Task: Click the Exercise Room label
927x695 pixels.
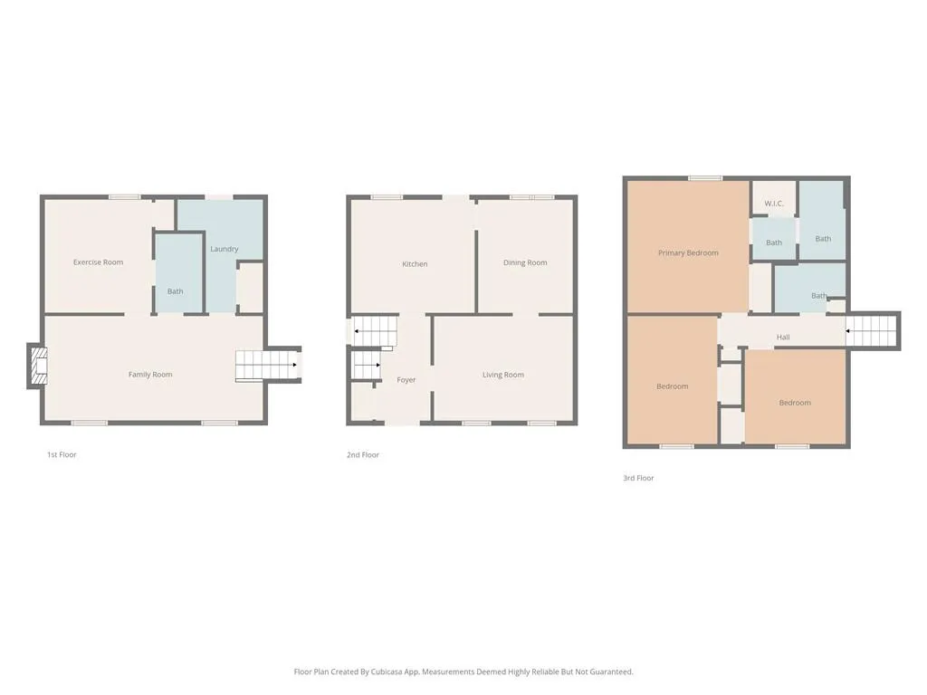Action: [x=98, y=262]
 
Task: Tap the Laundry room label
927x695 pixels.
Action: [x=224, y=249]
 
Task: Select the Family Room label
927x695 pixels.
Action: [x=150, y=375]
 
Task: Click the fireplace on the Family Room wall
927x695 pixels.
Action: [x=36, y=367]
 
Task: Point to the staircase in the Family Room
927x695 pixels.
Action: [x=266, y=366]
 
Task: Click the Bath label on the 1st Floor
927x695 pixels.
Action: [x=175, y=291]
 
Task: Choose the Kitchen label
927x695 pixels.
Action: [x=415, y=264]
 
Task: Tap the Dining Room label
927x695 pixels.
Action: [x=525, y=263]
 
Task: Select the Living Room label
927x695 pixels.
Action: [x=502, y=375]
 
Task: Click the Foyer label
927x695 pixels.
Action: [x=406, y=380]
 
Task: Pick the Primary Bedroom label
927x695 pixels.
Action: [x=688, y=253]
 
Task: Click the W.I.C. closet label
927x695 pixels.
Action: [x=774, y=204]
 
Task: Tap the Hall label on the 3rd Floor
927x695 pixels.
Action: [x=783, y=338]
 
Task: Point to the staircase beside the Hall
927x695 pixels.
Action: [x=874, y=330]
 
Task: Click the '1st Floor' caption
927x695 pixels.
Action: [x=62, y=455]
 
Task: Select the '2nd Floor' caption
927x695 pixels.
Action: [x=363, y=455]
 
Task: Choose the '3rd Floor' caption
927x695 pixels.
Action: [x=638, y=478]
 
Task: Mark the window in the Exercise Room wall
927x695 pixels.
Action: [x=124, y=197]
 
